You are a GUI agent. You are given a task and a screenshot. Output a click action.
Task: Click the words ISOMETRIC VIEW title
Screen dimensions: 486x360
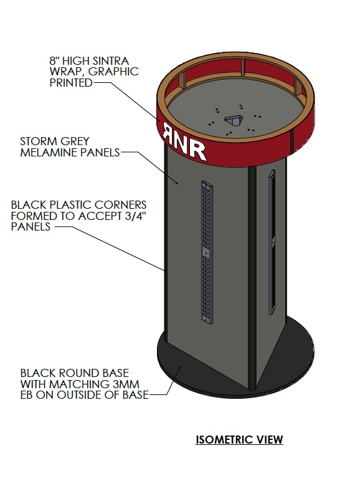(239, 440)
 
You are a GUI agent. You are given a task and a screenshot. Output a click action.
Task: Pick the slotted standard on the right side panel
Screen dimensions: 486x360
(272, 243)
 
